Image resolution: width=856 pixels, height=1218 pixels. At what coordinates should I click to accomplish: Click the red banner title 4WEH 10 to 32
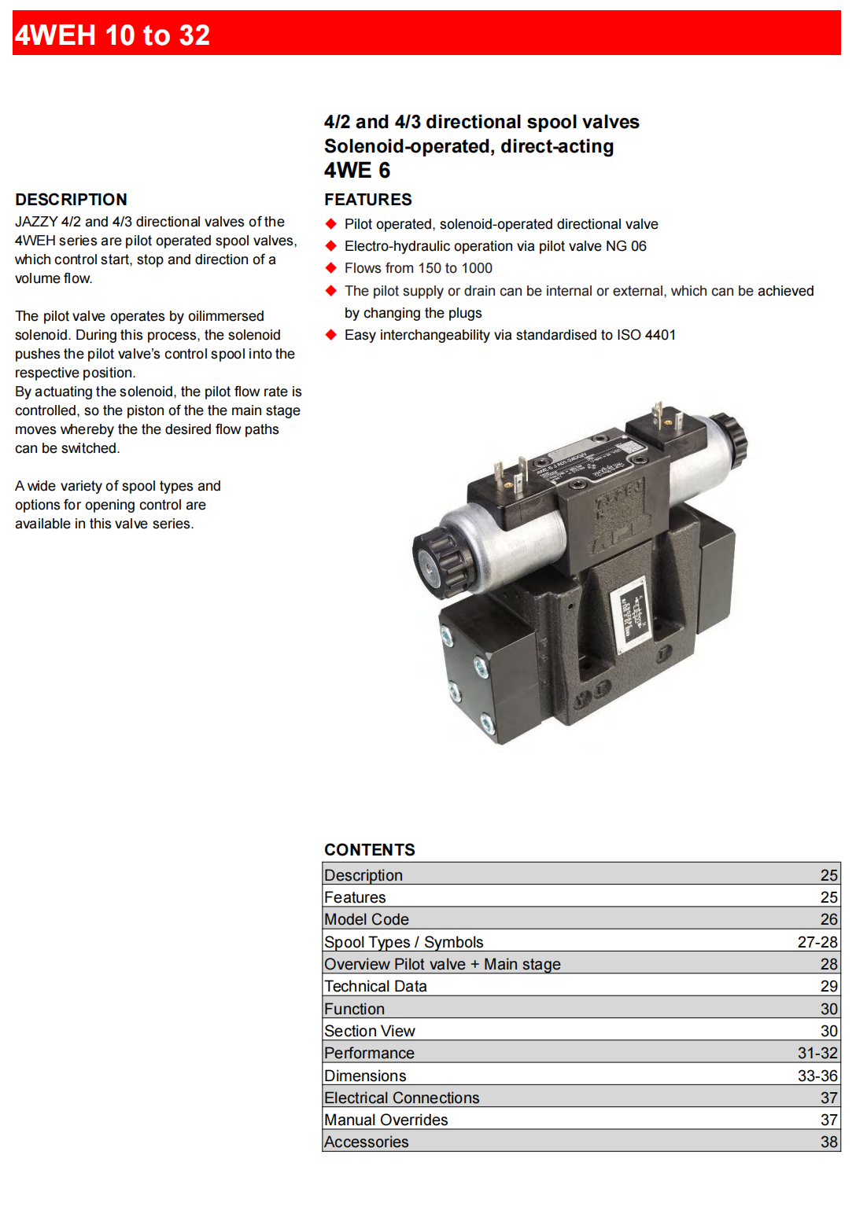click(113, 35)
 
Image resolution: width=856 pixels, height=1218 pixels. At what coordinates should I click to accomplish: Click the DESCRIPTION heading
click(71, 200)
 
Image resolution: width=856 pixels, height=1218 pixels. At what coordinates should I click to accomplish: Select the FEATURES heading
click(367, 200)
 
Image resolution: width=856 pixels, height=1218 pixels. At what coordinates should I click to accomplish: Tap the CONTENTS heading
click(369, 850)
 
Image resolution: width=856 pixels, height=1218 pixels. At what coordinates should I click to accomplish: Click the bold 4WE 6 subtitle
click(356, 171)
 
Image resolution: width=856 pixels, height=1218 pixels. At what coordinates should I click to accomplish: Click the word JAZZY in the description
click(35, 222)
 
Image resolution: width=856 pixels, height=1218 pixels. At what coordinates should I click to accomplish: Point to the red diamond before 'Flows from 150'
click(331, 268)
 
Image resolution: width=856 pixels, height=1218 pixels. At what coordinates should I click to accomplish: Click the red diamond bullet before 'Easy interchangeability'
click(331, 335)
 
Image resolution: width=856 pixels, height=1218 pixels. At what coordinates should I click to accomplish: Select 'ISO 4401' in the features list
click(646, 335)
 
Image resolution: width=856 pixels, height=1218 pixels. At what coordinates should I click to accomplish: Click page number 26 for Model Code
click(828, 919)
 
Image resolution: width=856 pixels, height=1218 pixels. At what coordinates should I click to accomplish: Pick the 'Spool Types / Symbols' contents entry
click(404, 942)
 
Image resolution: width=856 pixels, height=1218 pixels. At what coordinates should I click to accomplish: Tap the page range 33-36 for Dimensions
click(817, 1076)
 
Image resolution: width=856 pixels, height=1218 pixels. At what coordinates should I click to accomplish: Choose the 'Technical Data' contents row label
click(375, 986)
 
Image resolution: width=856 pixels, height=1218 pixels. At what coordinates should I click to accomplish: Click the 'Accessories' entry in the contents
click(367, 1142)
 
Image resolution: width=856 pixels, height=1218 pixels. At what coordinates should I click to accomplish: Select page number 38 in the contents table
click(828, 1142)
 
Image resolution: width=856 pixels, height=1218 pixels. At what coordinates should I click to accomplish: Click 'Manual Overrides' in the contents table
click(386, 1120)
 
